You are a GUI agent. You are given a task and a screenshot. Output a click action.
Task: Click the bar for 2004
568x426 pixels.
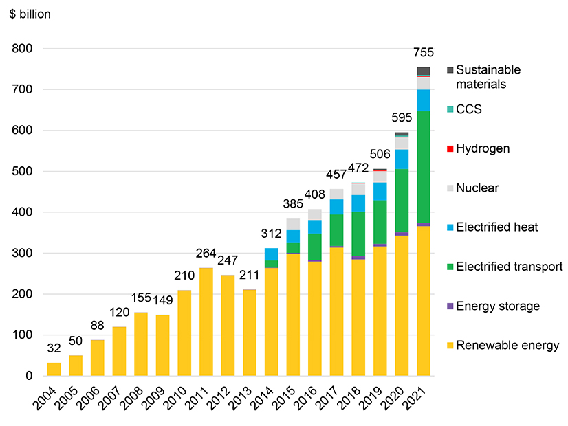pos(54,369)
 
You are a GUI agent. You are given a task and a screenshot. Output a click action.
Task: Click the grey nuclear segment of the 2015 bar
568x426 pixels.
pos(293,225)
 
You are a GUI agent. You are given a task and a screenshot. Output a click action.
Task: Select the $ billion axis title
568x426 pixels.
pos(30,14)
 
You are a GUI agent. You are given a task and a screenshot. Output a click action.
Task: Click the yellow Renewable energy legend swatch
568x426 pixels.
pos(450,346)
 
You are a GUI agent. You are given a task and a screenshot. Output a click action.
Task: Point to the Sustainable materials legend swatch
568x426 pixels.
pos(450,70)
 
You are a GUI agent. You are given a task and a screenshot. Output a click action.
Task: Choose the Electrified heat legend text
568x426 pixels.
pos(501,227)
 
